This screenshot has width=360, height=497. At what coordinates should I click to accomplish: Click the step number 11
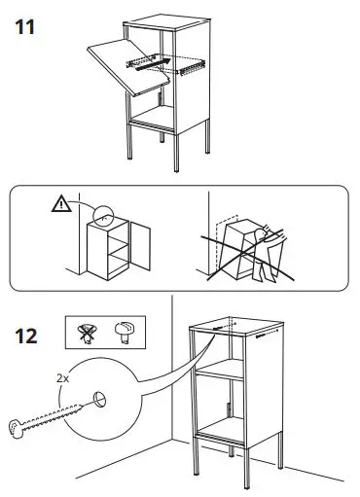click(26, 26)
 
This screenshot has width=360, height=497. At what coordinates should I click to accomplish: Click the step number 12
click(27, 339)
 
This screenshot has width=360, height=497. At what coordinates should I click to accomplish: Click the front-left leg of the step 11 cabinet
click(132, 146)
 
